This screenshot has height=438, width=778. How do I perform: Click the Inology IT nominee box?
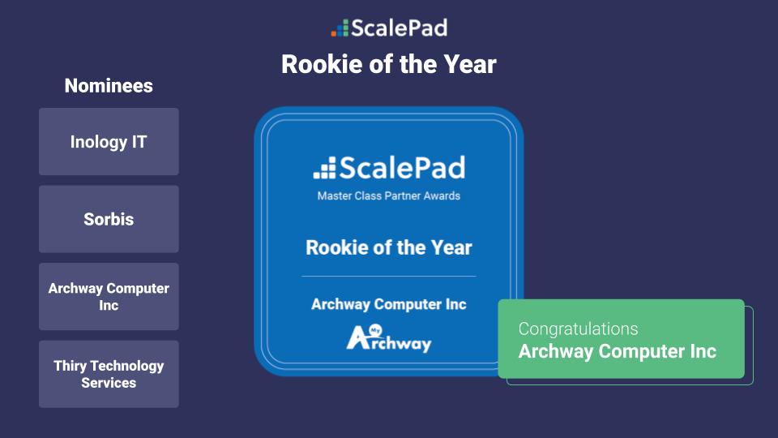click(109, 142)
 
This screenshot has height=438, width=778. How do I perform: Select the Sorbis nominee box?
click(109, 219)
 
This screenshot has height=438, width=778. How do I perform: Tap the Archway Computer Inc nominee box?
click(109, 297)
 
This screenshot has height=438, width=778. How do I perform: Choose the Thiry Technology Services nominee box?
click(109, 374)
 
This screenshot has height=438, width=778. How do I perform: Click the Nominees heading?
click(109, 86)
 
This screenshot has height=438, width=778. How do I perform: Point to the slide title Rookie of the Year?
click(388, 64)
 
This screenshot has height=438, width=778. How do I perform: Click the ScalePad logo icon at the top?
click(340, 28)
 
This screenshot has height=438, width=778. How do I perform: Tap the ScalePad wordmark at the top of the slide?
click(399, 28)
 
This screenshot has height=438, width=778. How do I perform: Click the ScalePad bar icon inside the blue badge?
click(324, 169)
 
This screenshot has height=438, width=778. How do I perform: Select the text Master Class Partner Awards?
click(389, 195)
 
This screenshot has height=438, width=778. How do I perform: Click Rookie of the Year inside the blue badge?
click(389, 247)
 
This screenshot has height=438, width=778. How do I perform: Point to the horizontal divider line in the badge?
click(389, 277)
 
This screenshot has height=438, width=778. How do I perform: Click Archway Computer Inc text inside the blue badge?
click(389, 304)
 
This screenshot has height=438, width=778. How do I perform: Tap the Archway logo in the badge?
click(389, 337)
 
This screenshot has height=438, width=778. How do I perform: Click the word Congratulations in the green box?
click(578, 328)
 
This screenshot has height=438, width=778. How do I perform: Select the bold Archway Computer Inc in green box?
click(618, 351)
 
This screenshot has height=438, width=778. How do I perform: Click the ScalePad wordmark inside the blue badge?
click(402, 168)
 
